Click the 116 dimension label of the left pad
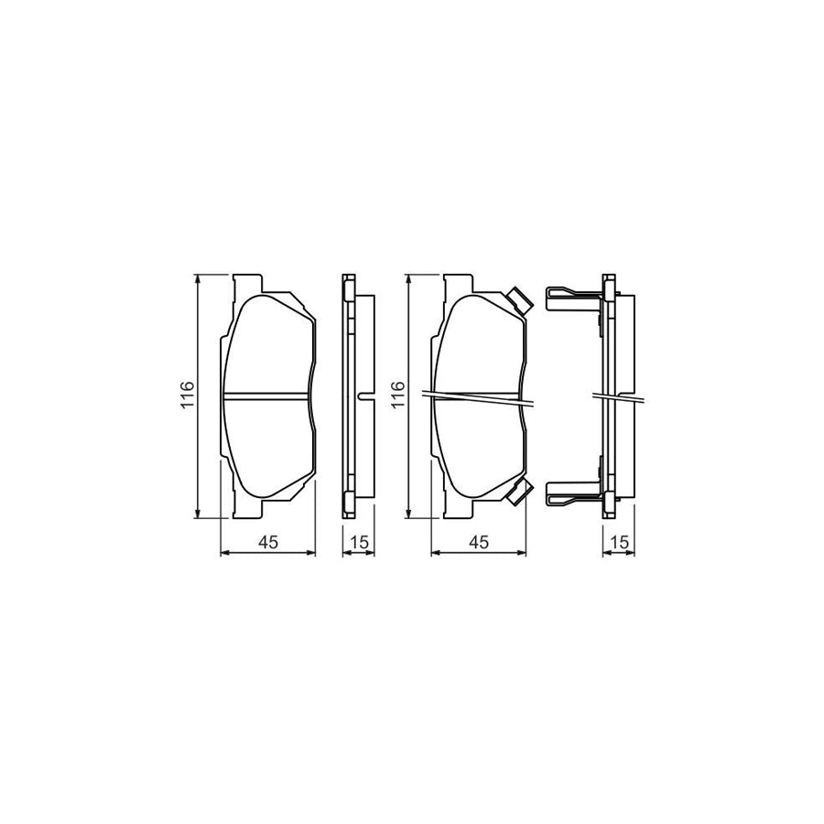186,396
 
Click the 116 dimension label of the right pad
396,396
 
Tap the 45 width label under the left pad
267,543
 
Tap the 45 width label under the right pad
477,543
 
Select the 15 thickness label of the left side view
359,543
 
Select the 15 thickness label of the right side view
620,543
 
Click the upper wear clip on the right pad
517,299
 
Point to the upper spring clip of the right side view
572,296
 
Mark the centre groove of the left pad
268,396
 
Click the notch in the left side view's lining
365,396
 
